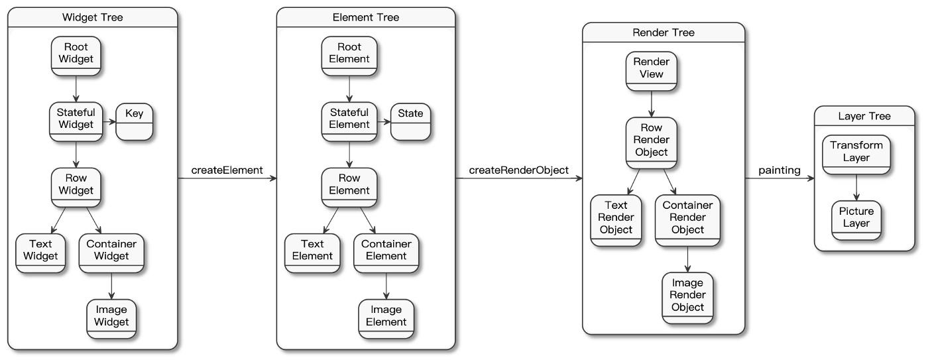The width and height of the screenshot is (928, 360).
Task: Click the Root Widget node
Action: [x=76, y=56]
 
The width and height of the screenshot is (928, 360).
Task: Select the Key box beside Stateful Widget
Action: [x=134, y=122]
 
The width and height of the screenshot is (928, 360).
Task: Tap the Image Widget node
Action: [x=111, y=319]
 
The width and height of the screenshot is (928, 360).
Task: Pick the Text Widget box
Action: [x=40, y=253]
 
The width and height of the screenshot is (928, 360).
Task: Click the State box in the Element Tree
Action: [x=410, y=122]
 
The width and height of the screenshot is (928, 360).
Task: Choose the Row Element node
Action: [x=349, y=187]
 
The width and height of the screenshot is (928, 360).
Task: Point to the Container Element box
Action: [x=386, y=253]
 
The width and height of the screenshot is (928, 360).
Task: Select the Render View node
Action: [x=651, y=71]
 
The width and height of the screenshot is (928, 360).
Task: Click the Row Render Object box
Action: [x=651, y=143]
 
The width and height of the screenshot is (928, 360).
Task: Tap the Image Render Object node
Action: [x=688, y=298]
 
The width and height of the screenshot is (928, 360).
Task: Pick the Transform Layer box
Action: [x=856, y=154]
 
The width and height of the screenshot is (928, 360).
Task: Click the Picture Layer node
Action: [x=856, y=220]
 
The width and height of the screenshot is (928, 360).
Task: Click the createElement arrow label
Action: [x=227, y=170]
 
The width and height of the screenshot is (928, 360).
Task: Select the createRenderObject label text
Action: [x=518, y=170]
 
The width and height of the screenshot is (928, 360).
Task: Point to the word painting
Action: [x=780, y=170]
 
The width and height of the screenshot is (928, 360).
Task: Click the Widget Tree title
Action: [x=92, y=17]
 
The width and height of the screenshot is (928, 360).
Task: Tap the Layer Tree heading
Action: [x=864, y=116]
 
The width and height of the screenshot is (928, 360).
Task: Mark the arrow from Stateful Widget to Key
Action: [x=109, y=122]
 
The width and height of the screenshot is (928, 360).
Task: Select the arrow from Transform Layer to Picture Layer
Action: [x=856, y=188]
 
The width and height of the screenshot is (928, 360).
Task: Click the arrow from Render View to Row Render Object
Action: [x=651, y=104]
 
